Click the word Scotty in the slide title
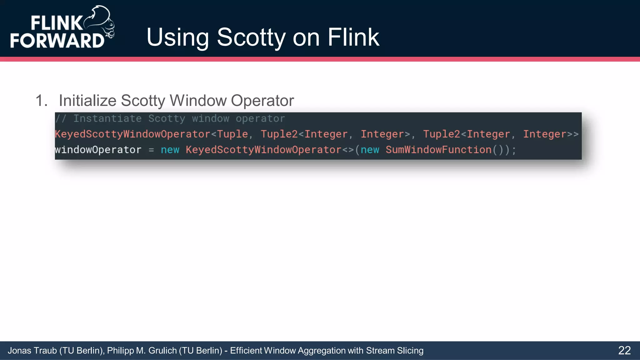click(251, 37)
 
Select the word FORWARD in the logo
click(57, 41)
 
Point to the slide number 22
click(624, 350)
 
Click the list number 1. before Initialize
click(41, 101)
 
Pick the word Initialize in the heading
click(87, 101)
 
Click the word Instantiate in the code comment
click(107, 119)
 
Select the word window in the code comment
click(210, 119)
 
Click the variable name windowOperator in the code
click(98, 150)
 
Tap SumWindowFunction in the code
click(438, 150)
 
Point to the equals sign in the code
click(151, 150)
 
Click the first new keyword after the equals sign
click(170, 150)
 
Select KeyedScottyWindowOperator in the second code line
click(132, 134)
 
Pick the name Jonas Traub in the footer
click(32, 351)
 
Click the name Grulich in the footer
click(162, 351)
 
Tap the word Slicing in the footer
click(410, 351)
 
